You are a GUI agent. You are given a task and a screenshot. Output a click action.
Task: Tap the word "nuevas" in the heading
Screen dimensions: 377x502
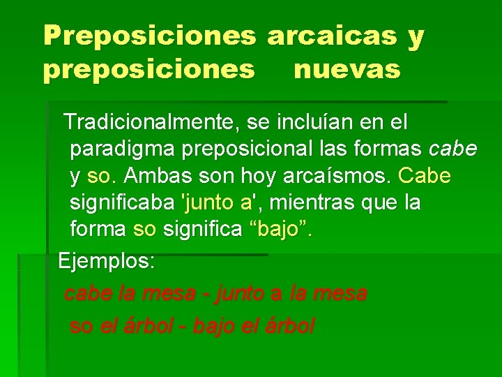[x=347, y=70]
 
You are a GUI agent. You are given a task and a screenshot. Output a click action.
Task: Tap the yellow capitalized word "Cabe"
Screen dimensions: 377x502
[x=426, y=175]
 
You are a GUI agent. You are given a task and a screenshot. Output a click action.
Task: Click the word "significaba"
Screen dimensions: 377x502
[x=123, y=202]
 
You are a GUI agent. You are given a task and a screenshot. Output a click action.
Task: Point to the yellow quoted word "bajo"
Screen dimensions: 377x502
[x=278, y=229]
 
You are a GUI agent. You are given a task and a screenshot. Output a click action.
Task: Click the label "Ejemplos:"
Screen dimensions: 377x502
[x=107, y=262]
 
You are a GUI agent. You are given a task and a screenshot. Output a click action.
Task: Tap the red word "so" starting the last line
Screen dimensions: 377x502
[x=80, y=325]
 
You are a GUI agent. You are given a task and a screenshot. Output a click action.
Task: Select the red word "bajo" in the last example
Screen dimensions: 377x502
[x=215, y=325]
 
